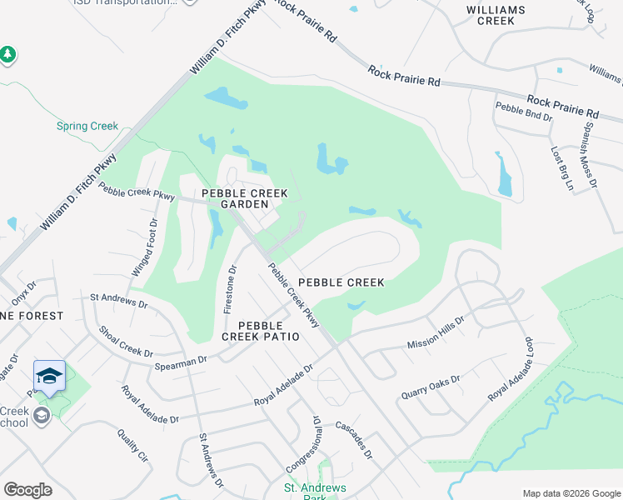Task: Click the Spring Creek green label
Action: pos(87,127)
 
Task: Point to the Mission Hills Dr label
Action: pos(436,332)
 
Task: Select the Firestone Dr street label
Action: pos(231,288)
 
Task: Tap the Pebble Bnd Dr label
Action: pos(524,112)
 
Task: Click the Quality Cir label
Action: pos(132,446)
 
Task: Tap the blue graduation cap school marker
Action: pos(49,377)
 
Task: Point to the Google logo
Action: pos(27,490)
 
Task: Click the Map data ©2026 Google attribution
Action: pos(571,493)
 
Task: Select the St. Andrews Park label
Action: pos(316,492)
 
